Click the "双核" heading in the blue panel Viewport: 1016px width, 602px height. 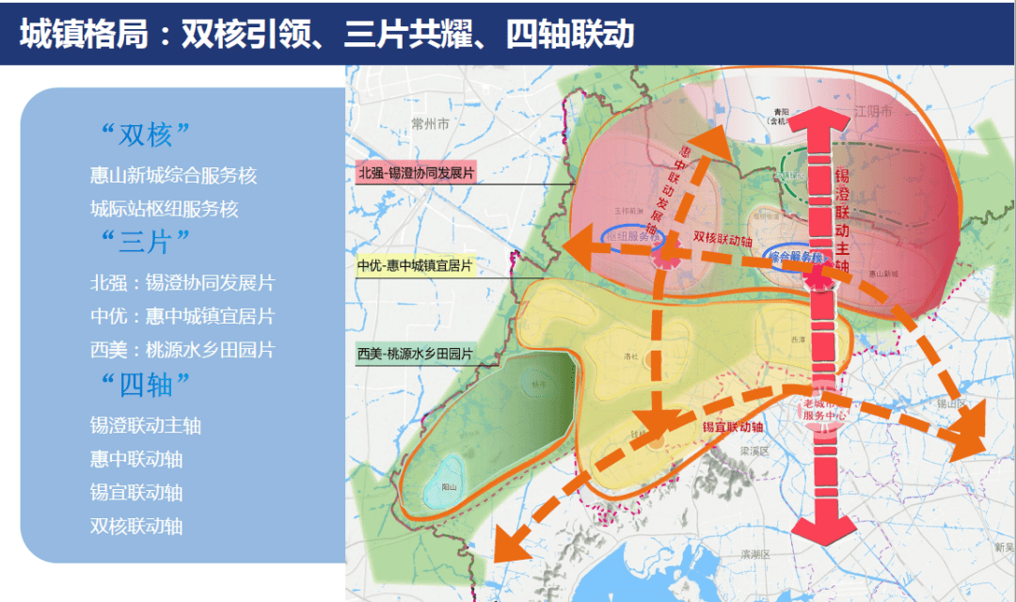[x=146, y=135]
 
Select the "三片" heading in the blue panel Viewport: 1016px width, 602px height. [x=146, y=241]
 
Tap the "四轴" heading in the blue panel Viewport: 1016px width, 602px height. [x=146, y=383]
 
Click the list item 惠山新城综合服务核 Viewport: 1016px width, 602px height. [x=173, y=176]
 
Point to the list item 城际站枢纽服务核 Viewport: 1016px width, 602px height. [x=165, y=209]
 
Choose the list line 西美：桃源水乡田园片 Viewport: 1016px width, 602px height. [x=183, y=350]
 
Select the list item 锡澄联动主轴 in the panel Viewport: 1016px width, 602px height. [x=146, y=426]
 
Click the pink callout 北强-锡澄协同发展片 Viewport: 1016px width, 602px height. [x=416, y=173]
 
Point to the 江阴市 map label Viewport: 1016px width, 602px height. [x=872, y=111]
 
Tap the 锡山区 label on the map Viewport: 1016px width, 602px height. [x=951, y=403]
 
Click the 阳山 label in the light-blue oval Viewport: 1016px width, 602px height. [x=449, y=487]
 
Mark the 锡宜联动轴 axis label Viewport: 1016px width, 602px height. [x=732, y=427]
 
